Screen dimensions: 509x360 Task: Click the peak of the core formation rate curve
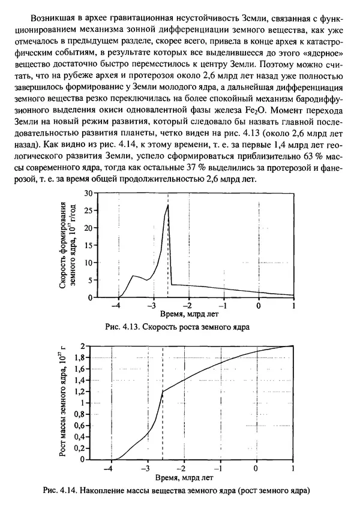[x=168, y=205]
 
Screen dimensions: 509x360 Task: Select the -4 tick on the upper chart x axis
[x=118, y=304]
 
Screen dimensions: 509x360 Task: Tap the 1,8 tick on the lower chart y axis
[x=79, y=357]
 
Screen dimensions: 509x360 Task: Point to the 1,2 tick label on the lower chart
[x=79, y=391]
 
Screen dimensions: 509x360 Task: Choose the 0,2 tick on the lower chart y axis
[x=79, y=448]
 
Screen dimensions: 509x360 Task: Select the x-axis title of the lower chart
[x=188, y=478]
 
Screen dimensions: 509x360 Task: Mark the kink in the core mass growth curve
[x=163, y=391]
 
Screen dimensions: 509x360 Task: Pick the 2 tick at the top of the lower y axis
[x=82, y=346]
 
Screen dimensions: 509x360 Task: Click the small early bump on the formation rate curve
[x=133, y=276]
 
